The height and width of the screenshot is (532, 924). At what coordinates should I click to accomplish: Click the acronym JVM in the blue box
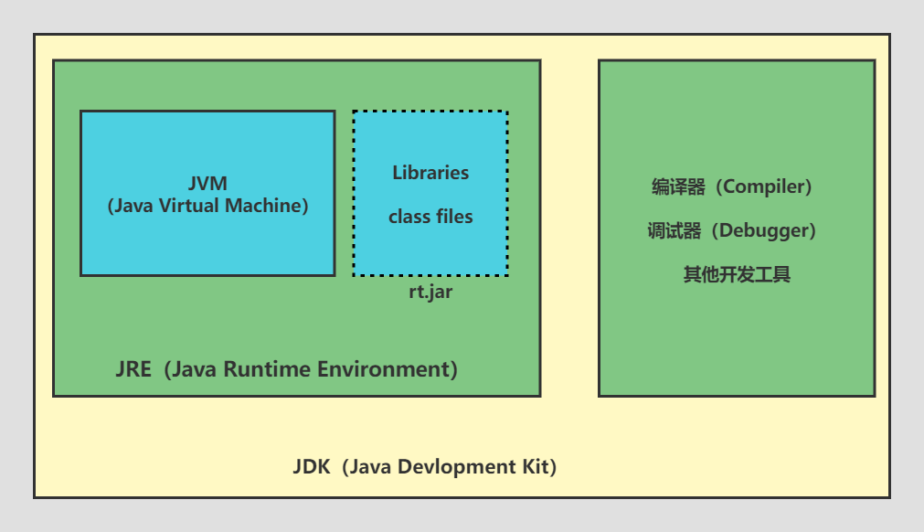point(207,183)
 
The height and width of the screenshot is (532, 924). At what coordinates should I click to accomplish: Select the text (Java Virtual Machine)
point(207,206)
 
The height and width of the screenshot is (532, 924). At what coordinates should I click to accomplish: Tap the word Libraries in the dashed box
point(430,173)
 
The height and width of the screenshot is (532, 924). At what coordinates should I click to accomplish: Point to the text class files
point(430,217)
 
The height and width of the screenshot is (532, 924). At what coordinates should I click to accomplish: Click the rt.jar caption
point(430,293)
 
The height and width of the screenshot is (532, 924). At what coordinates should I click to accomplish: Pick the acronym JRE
point(133,370)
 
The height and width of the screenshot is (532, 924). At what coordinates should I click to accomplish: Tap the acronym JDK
point(311,467)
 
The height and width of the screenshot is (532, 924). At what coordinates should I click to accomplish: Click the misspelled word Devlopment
point(441,467)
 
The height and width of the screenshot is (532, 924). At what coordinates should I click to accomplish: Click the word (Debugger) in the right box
point(764,230)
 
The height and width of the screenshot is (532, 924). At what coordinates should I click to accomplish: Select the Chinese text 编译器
point(678,187)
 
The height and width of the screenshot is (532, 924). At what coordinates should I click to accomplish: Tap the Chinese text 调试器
point(674,230)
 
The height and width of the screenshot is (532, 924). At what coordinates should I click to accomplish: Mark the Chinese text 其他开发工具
point(737,274)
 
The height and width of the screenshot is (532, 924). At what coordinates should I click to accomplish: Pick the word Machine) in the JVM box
point(271,206)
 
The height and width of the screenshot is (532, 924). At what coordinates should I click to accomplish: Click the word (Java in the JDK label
point(367,467)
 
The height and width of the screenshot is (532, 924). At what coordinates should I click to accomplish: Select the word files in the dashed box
point(453,217)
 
